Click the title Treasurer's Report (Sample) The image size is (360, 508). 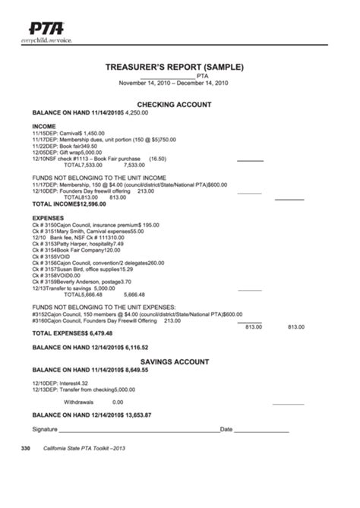pyautogui.click(x=174, y=67)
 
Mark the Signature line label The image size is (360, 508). pyautogui.click(x=45, y=429)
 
